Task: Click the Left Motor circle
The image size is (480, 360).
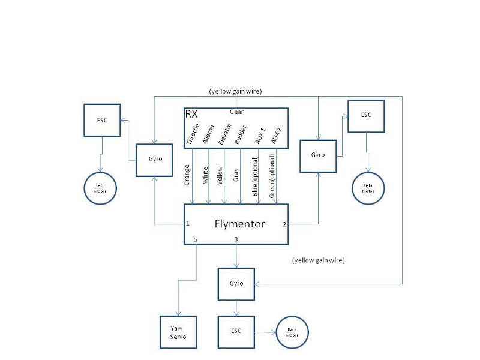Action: pos(100,186)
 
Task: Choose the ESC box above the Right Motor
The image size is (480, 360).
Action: pos(366,116)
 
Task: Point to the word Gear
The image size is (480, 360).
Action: pos(236,112)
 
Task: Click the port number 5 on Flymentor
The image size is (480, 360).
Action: pos(194,239)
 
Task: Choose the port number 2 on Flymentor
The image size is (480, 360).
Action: pos(284,224)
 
